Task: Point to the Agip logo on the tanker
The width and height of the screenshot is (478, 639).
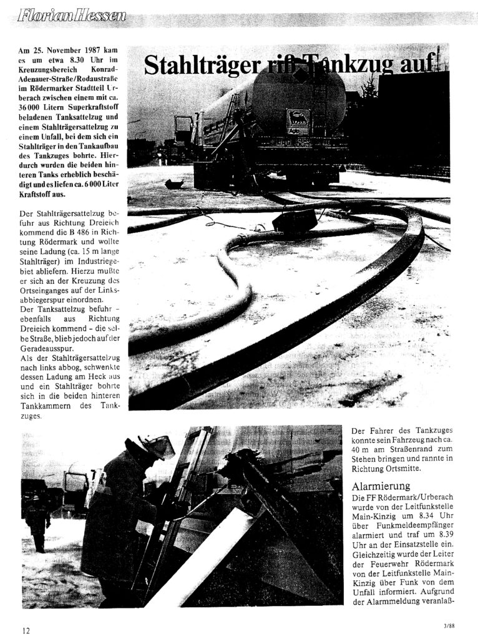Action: click(x=296, y=119)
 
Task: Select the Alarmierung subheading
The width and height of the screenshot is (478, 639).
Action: click(x=381, y=486)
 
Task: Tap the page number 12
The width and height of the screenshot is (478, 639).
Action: click(x=26, y=630)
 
